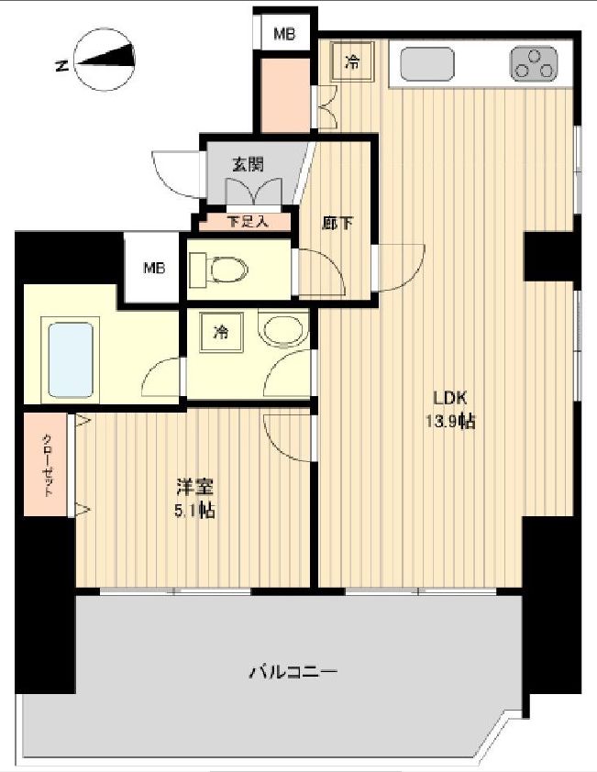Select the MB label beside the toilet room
point(153,269)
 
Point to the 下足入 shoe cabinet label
point(245,221)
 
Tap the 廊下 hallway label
point(334,223)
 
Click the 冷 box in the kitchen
point(351,63)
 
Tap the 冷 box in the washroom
point(221,332)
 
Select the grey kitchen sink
point(426,64)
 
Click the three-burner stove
point(532,64)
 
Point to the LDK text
point(450,398)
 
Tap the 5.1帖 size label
point(194,511)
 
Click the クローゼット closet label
point(47,465)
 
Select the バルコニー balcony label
point(293,672)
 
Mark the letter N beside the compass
point(61,66)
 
